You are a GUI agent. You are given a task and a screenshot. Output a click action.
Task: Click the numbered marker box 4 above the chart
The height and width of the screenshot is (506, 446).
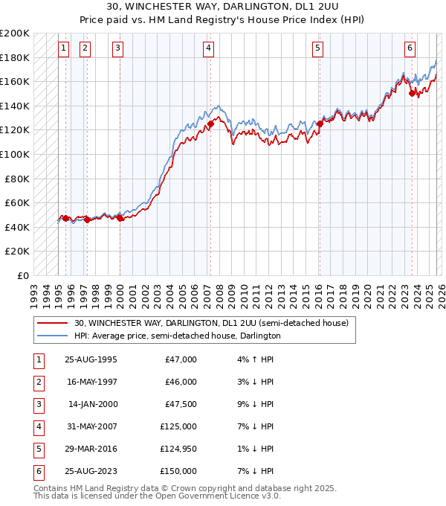[208, 48]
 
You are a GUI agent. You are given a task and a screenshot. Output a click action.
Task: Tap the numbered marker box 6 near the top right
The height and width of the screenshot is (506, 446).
[410, 48]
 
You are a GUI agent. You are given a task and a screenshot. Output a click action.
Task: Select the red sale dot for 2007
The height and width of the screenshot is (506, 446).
[210, 124]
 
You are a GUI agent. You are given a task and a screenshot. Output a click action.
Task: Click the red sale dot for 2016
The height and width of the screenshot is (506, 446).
[320, 124]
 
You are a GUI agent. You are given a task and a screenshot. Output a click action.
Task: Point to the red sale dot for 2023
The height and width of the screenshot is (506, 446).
[412, 93]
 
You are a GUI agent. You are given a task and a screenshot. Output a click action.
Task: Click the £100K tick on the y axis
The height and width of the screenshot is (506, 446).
[15, 154]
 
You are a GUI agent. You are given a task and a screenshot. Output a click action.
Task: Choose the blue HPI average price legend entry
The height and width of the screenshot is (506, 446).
[177, 336]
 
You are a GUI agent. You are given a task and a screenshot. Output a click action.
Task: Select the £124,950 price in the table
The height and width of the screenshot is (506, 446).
[178, 449]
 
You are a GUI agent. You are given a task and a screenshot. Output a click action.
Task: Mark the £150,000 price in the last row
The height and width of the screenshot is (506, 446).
[178, 471]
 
